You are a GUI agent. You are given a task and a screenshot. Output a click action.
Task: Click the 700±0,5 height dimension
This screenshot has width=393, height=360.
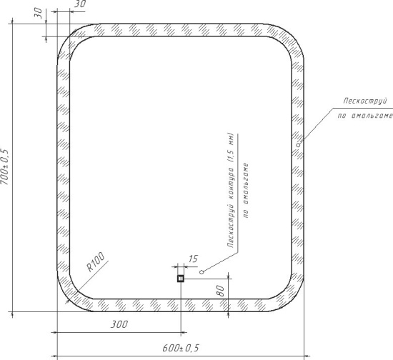pos(6,167)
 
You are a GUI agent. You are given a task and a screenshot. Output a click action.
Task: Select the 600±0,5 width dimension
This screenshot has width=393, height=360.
pos(181,348)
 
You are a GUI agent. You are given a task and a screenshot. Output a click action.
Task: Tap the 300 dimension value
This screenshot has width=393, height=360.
pos(119,324)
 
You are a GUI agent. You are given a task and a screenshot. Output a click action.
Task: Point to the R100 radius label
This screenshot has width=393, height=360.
pos(96,262)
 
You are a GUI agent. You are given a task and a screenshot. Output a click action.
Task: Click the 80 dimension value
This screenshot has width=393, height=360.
pos(220,291)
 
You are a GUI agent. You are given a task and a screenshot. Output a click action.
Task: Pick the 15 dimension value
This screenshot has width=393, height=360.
pos(193,259)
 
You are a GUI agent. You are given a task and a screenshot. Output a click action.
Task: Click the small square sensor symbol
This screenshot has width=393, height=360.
pos(181,279)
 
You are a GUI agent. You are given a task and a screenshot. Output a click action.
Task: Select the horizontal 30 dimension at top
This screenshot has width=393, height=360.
pos(80,4)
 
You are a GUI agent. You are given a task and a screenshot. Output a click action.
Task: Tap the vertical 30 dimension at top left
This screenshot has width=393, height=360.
pos(38,13)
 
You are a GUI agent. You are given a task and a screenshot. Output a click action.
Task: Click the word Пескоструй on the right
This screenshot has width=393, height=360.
pos(365,101)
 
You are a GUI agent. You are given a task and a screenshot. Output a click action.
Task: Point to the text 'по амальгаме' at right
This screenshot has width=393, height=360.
pos(364,116)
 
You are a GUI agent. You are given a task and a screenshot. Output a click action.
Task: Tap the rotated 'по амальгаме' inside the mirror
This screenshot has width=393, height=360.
pos(246,191)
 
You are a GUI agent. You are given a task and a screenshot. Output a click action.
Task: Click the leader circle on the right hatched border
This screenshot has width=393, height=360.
pos(298,145)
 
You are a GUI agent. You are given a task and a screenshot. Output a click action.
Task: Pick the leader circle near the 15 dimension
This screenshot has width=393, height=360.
pos(202,272)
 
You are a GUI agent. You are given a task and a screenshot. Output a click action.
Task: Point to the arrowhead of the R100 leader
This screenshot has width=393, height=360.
pos(67,301)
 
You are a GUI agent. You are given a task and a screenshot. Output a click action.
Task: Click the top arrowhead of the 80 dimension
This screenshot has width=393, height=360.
pos(228,275)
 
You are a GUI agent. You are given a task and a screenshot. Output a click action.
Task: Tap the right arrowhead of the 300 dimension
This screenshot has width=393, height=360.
pos(184,333)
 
